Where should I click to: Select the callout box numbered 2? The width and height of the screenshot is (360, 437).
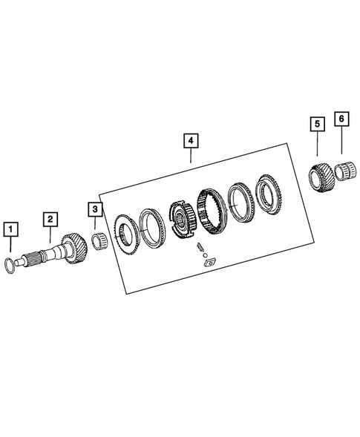pyautogui.click(x=50, y=219)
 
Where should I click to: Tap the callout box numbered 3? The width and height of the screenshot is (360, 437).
pyautogui.click(x=96, y=211)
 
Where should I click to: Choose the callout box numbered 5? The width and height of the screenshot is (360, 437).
pyautogui.click(x=317, y=122)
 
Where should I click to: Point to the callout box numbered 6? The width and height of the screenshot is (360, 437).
pyautogui.click(x=341, y=119)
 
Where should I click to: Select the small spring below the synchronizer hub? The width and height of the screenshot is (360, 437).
pyautogui.click(x=200, y=247)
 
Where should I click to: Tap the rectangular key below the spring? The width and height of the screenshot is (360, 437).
pyautogui.click(x=207, y=259)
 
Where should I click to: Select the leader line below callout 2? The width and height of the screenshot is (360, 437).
pyautogui.click(x=50, y=234)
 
